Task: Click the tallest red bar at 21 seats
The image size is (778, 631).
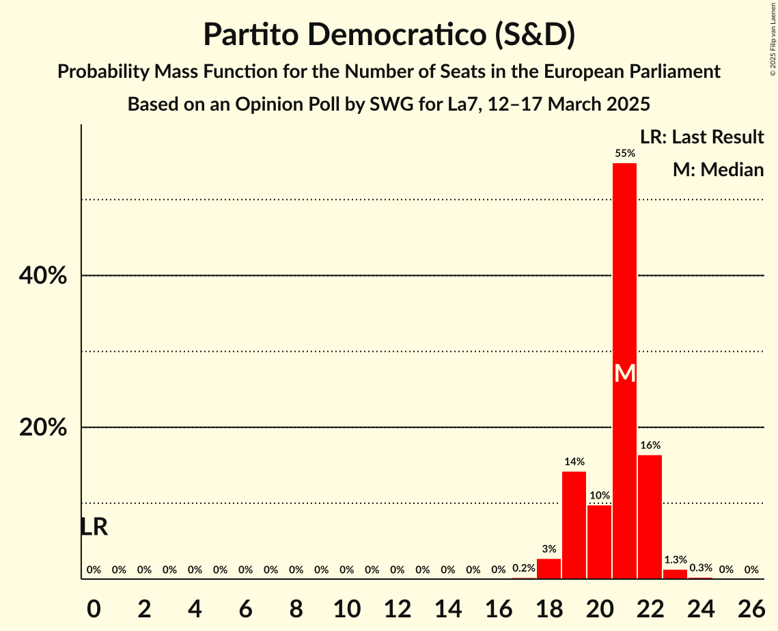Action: click(624, 273)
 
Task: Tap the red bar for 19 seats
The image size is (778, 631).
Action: click(574, 525)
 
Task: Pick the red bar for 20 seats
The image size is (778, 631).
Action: click(599, 542)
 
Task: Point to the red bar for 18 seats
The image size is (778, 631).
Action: click(548, 569)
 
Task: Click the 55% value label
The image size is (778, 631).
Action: click(624, 154)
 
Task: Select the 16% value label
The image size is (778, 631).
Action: click(650, 445)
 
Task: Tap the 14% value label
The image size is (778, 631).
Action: click(574, 462)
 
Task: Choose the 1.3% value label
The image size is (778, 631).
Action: click(675, 560)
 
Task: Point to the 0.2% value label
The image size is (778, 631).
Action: click(523, 568)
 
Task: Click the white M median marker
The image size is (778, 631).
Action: click(624, 373)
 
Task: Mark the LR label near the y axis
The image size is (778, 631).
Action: click(94, 527)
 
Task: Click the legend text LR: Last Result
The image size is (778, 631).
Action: click(701, 137)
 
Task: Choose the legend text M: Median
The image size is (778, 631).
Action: click(718, 169)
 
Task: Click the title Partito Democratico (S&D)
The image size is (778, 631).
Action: click(389, 36)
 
